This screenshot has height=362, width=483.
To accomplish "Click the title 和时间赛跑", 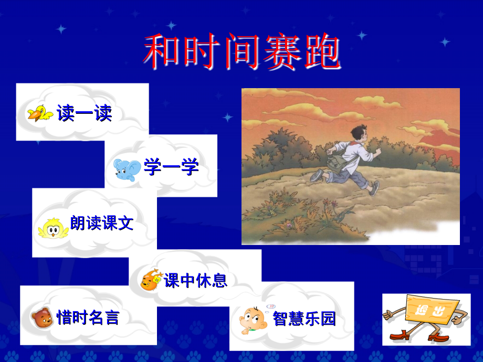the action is click(242, 51).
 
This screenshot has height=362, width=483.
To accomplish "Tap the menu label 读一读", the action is click(84, 113).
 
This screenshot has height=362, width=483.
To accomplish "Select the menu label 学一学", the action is click(171, 167).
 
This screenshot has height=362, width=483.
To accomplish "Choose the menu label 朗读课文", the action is click(102, 223).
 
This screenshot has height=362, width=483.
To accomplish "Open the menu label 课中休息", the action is click(196, 281).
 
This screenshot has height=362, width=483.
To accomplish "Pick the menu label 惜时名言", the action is click(88, 317).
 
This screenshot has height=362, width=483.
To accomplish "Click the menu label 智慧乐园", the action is click(304, 318).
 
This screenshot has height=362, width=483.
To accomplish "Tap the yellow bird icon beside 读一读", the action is click(40, 113).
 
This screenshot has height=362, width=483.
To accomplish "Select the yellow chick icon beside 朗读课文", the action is click(53, 228).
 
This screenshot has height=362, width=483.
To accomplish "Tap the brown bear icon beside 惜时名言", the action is click(42, 318).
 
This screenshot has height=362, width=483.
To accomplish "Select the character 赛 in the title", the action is click(282, 51).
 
